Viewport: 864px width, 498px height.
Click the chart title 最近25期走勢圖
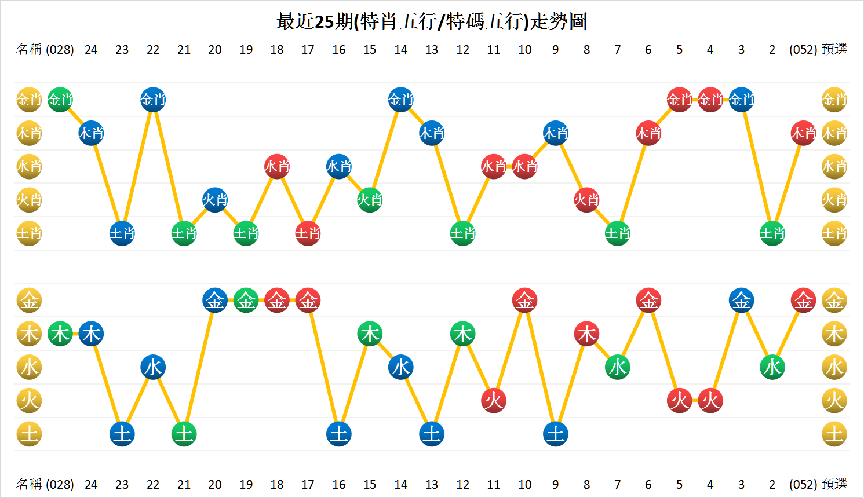tap(432, 21)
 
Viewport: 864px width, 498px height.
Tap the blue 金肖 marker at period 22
tap(153, 100)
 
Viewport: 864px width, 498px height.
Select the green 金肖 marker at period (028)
tap(60, 100)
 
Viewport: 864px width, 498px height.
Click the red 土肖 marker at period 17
tap(308, 233)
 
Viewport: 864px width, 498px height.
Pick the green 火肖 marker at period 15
tap(370, 200)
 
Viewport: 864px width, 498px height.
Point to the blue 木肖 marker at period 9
tap(556, 134)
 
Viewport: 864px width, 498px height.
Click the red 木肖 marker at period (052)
tap(803, 134)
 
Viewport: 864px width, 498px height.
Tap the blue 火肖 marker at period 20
tap(215, 200)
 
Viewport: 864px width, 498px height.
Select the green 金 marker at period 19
tap(246, 301)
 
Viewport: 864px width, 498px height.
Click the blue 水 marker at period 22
tap(153, 367)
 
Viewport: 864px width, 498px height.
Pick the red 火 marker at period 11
tap(494, 400)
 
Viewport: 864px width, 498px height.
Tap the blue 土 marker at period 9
tap(556, 434)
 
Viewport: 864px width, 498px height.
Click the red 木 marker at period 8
tap(586, 334)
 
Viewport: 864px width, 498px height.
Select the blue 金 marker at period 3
tap(741, 301)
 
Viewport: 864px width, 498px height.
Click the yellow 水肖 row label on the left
tap(29, 167)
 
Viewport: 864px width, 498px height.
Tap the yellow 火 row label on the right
tap(834, 400)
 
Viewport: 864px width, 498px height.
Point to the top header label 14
tap(400, 50)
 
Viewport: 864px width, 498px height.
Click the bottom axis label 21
tap(184, 484)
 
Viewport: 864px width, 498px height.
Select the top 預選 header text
tap(834, 50)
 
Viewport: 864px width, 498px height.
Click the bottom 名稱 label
tap(29, 484)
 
